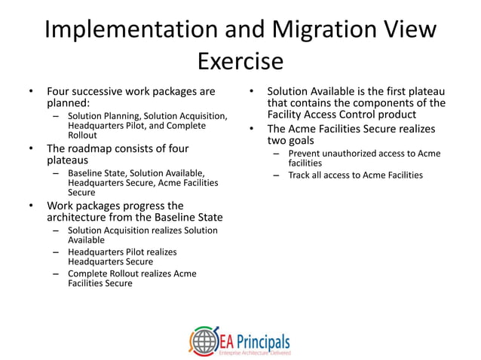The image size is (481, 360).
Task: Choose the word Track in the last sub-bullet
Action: click(x=302, y=175)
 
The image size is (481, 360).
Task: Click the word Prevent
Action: click(x=306, y=153)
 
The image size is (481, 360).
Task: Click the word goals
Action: click(x=299, y=140)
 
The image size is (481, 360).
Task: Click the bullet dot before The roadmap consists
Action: click(x=31, y=148)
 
